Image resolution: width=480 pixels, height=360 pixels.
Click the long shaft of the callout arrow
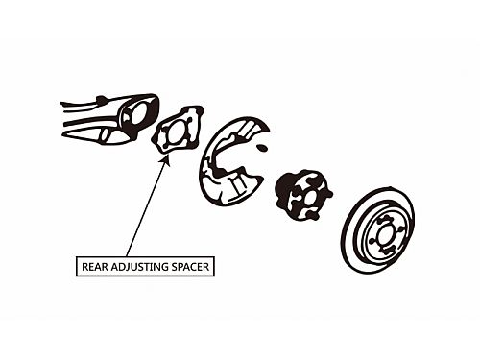(x=146, y=207)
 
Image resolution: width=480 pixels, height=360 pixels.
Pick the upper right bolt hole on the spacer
(x=189, y=121)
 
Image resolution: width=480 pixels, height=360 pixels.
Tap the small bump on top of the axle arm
(x=102, y=98)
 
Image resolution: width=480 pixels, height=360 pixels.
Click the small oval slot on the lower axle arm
(x=104, y=134)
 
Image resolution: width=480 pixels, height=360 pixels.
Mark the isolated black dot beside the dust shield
(x=262, y=147)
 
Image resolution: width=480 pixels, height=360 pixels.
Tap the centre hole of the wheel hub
(x=307, y=197)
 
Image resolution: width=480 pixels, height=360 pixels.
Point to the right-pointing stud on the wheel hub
(x=328, y=194)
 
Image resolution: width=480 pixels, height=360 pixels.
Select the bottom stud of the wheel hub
(x=315, y=217)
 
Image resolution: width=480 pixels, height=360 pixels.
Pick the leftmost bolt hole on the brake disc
(x=372, y=240)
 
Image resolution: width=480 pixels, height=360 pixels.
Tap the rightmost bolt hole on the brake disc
(x=399, y=228)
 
